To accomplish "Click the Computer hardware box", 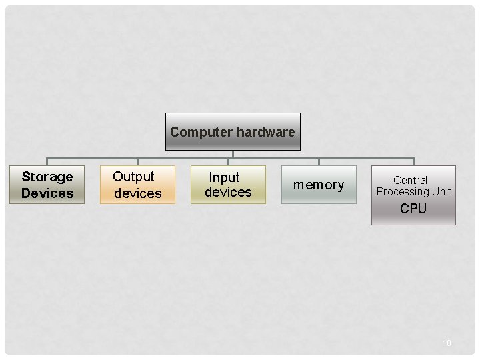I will coord(233,131).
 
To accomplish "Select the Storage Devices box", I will coord(47,185).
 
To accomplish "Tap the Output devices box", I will coord(137,185).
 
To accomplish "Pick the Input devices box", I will coord(228,185).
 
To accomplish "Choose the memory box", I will coord(319,185).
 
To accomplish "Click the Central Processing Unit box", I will coord(413,195).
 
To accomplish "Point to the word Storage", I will coord(47,177).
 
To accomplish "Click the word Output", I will coord(133,177).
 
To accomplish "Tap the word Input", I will coord(224,177).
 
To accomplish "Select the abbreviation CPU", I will coord(413,209).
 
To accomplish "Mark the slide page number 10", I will coord(447,343).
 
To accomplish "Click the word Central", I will coord(410,180).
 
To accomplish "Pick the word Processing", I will coord(403,192).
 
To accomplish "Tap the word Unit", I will coord(441,192).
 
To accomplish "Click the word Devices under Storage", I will coord(47,193).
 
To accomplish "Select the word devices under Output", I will coord(138,193).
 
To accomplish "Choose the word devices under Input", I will coord(228,193).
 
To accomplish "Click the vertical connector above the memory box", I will coord(319,162).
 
